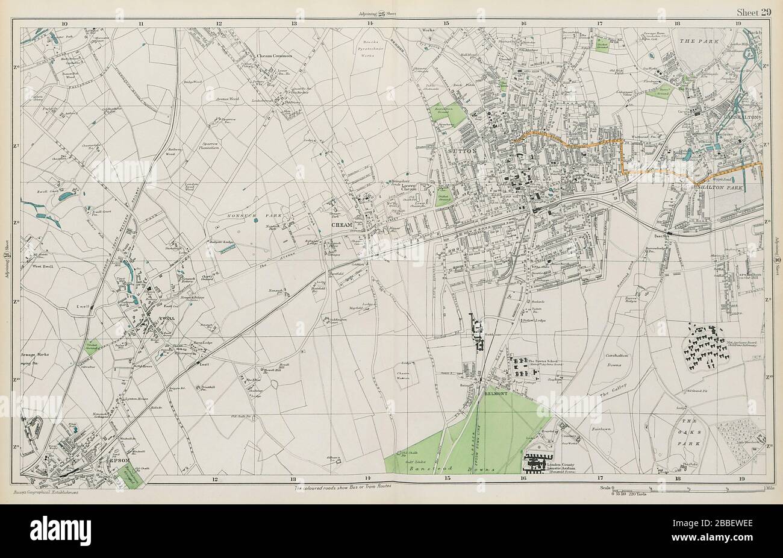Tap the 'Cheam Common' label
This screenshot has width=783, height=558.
(x=274, y=55)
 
